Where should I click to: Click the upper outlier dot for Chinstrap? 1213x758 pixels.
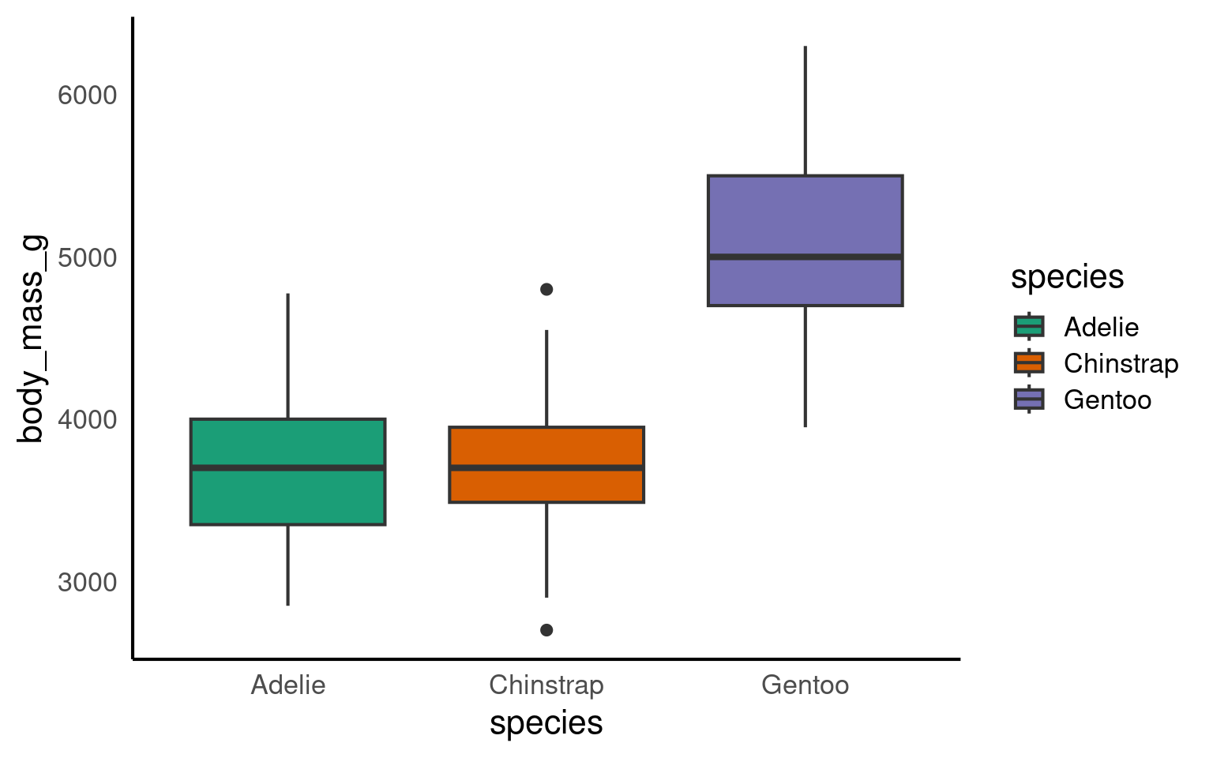(546, 290)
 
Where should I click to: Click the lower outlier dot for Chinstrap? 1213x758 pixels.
(546, 630)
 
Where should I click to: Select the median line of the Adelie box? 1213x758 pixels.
(287, 468)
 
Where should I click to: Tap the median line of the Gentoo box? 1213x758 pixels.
(805, 257)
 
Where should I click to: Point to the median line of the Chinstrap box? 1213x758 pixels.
(546, 468)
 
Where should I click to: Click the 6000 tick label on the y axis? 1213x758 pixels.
(87, 96)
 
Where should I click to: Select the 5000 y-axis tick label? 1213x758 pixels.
(87, 258)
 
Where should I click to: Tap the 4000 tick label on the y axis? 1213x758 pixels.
(87, 420)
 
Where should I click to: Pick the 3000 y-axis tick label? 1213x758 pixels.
(87, 583)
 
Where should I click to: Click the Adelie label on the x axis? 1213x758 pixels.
(287, 685)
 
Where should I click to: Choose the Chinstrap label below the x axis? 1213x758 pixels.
(546, 685)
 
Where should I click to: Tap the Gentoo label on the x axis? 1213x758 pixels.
(805, 685)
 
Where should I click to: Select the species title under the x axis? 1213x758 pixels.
(546, 723)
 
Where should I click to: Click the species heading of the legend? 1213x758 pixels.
(1067, 277)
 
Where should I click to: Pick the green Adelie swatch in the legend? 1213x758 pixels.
(1029, 327)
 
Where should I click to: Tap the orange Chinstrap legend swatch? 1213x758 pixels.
(1029, 363)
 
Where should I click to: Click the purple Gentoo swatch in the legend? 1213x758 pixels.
(1029, 400)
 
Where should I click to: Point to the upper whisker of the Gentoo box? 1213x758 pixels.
(805, 111)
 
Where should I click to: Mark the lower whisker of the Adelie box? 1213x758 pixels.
(287, 565)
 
